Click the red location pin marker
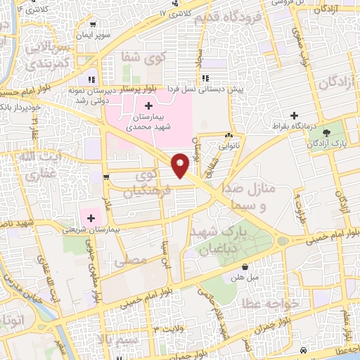tap(181, 165)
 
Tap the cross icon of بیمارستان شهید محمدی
tap(148, 105)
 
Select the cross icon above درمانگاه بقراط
tap(294, 115)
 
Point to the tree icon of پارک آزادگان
tap(325, 132)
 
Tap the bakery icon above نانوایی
tap(229, 136)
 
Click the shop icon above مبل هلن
tap(245, 267)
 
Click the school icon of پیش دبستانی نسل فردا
tap(205, 78)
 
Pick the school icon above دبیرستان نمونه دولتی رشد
tap(91, 79)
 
